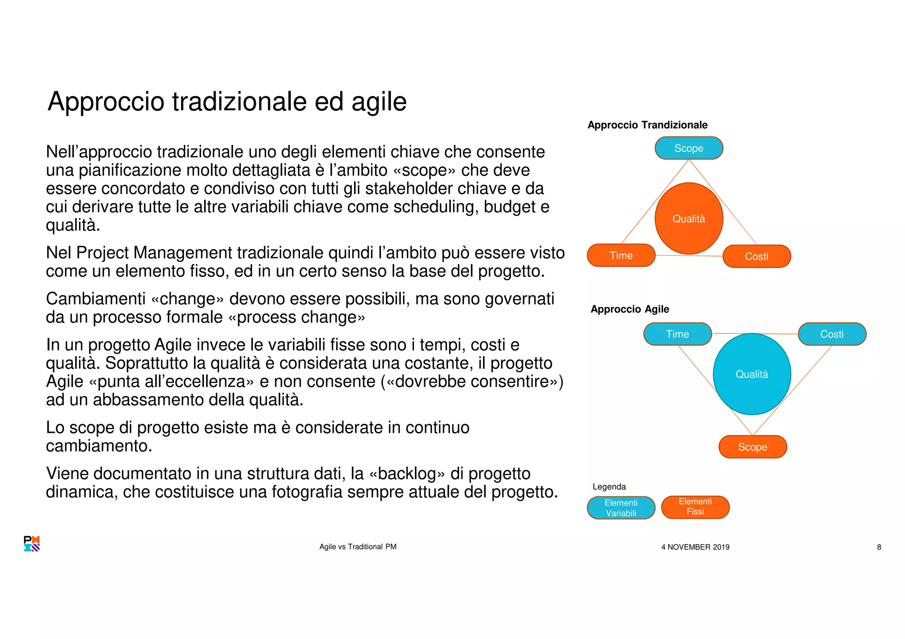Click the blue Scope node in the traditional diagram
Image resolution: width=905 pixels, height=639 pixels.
pyautogui.click(x=688, y=148)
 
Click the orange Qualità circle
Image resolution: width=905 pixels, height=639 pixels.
pyautogui.click(x=688, y=219)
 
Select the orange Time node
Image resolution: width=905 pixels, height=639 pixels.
pyautogui.click(x=621, y=256)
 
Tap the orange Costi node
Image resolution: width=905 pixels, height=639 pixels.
pyautogui.click(x=757, y=257)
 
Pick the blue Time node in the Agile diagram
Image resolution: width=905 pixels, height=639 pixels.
pyautogui.click(x=677, y=334)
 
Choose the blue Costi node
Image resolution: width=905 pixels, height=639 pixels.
pyautogui.click(x=832, y=334)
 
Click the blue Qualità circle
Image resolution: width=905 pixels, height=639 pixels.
pyautogui.click(x=752, y=374)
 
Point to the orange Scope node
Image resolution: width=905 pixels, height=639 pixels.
pyautogui.click(x=753, y=447)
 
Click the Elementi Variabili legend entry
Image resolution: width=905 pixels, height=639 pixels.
pyautogui.click(x=621, y=508)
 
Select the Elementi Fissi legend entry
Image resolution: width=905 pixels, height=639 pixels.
pyautogui.click(x=695, y=507)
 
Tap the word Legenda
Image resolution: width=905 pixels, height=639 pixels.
pyautogui.click(x=609, y=487)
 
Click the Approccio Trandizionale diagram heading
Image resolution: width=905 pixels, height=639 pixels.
pyautogui.click(x=647, y=125)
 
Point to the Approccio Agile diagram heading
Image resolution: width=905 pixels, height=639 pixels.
pyautogui.click(x=630, y=309)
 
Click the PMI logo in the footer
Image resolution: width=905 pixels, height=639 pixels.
pyautogui.click(x=32, y=544)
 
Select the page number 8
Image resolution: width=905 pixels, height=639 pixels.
pyautogui.click(x=879, y=547)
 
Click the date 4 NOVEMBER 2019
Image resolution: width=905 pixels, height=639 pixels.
pyautogui.click(x=695, y=547)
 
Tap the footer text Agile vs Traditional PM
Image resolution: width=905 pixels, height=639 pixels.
pyautogui.click(x=358, y=547)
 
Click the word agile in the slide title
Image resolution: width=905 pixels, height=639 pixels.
pyautogui.click(x=379, y=102)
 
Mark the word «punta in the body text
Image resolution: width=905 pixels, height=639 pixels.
pyautogui.click(x=114, y=382)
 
